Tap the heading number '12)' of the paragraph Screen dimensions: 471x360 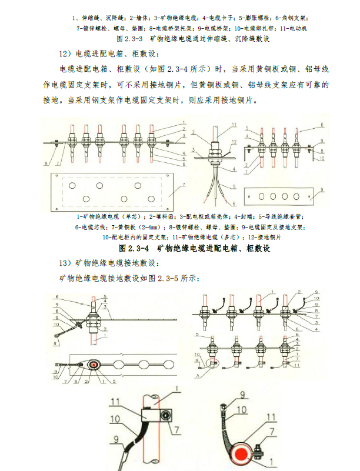tap(68, 54)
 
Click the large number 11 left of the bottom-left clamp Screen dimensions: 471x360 tap(114, 402)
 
